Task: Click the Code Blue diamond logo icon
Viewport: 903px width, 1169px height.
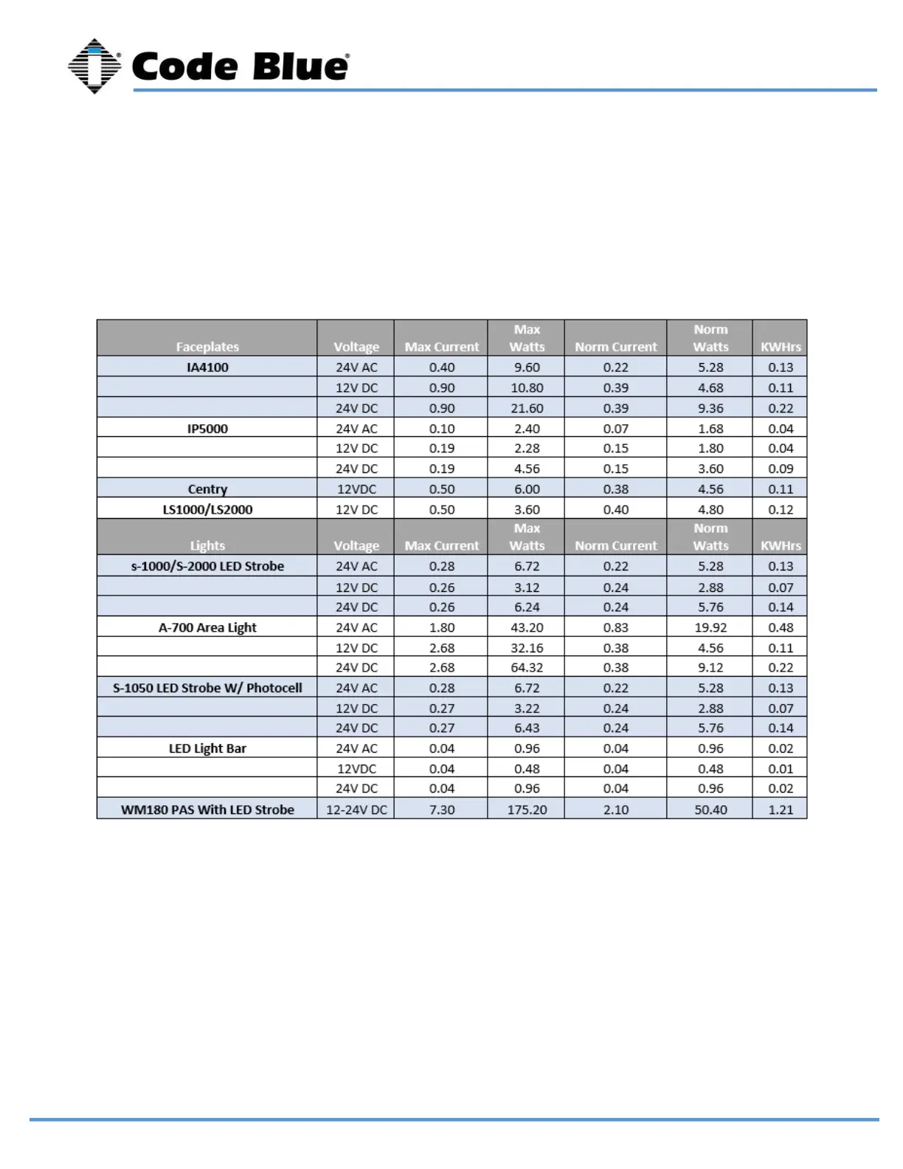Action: click(x=94, y=66)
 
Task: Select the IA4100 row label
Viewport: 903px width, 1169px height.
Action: click(x=207, y=368)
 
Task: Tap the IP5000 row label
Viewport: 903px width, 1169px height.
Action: click(x=207, y=429)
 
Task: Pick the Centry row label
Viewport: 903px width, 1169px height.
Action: click(x=207, y=489)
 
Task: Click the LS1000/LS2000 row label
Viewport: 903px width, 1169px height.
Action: click(x=207, y=510)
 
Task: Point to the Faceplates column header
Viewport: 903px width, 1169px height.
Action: click(x=207, y=347)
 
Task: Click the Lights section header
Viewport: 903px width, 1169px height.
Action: click(x=207, y=546)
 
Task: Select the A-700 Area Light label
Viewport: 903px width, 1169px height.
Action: click(x=207, y=628)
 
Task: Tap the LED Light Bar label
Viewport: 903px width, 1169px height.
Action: click(x=207, y=748)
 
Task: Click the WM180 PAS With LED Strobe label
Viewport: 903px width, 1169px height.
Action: click(x=207, y=810)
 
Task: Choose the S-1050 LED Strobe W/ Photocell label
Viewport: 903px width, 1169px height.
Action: click(x=207, y=688)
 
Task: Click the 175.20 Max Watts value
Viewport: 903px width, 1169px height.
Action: click(x=527, y=810)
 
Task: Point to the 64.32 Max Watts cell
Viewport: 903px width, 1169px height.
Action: click(x=527, y=668)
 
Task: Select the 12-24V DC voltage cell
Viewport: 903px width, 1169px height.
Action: click(x=356, y=810)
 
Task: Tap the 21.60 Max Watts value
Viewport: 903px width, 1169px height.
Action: click(x=527, y=408)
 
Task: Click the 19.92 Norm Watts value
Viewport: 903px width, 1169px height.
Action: click(x=710, y=628)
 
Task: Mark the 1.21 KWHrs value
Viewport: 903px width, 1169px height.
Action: click(x=781, y=810)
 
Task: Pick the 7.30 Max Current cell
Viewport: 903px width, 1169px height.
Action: click(x=442, y=810)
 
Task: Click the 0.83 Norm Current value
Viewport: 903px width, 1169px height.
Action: click(x=616, y=628)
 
